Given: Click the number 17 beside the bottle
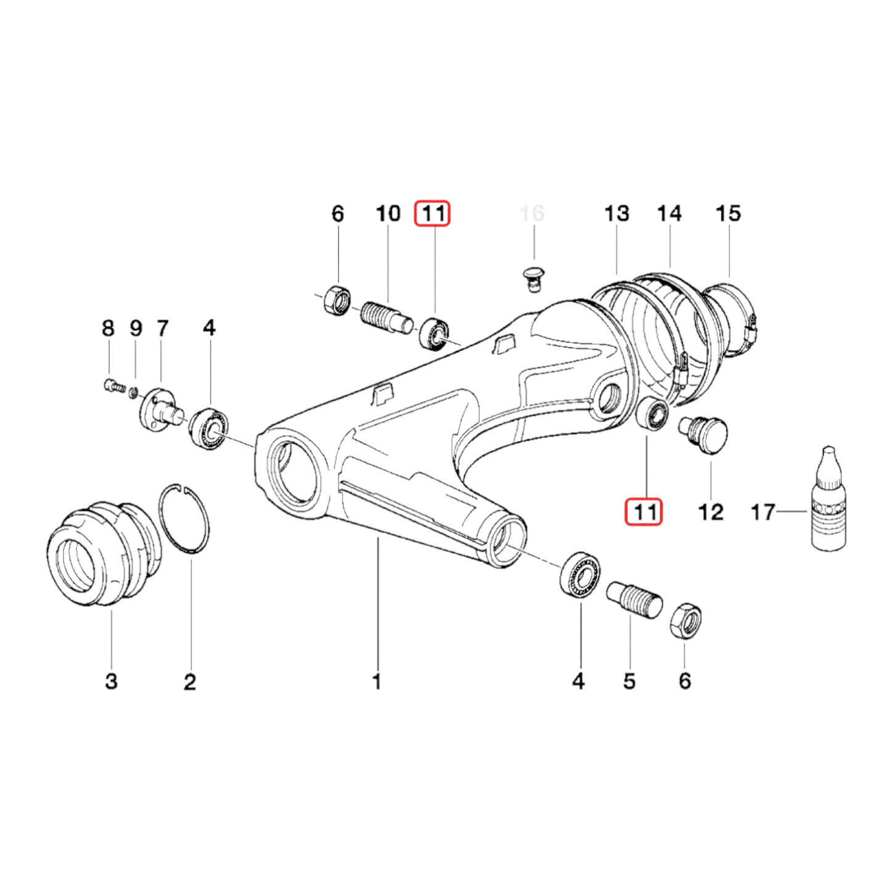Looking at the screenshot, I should [x=762, y=512].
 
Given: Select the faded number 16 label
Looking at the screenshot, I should [x=532, y=214].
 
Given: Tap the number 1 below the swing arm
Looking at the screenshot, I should [x=377, y=681].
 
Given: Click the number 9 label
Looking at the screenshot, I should [x=136, y=328].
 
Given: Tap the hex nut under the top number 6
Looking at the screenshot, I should [x=337, y=302].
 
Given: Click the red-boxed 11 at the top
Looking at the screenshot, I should [x=433, y=214].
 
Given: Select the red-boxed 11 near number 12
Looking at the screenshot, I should [x=644, y=512].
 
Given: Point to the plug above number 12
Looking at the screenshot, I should [x=705, y=433].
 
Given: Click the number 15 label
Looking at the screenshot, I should [x=728, y=214].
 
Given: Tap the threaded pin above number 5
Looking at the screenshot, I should [x=634, y=599].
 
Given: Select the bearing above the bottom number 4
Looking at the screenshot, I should [x=580, y=573].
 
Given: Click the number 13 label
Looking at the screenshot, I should [x=617, y=214].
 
